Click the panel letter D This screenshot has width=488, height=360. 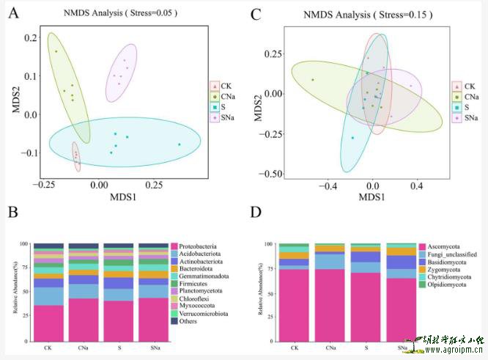click(255, 213)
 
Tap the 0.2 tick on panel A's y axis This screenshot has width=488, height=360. click(29, 37)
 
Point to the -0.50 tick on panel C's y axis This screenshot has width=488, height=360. click(272, 174)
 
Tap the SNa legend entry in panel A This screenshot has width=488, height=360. click(226, 117)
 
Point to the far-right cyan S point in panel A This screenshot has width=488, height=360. click(179, 144)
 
